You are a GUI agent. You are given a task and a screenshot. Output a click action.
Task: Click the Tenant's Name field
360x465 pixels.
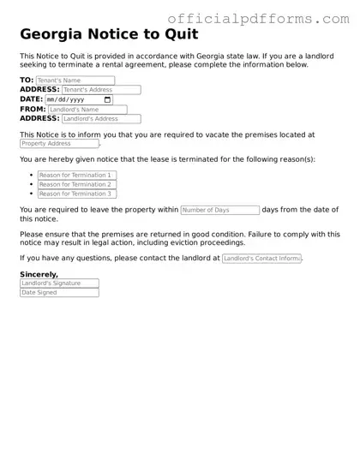pyautogui.click(x=75, y=80)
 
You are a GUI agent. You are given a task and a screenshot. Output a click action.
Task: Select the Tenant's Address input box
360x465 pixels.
pyautogui.click(x=101, y=90)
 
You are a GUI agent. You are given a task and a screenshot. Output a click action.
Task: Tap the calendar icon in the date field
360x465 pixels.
pyautogui.click(x=107, y=99)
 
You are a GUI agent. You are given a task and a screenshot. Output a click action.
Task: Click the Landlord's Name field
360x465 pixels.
pyautogui.click(x=87, y=110)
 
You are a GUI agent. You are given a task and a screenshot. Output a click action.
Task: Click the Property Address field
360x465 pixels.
pyautogui.click(x=59, y=144)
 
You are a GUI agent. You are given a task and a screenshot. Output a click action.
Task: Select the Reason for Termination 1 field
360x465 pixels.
pyautogui.click(x=76, y=175)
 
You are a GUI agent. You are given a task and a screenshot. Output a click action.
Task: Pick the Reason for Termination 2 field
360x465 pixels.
pyautogui.click(x=76, y=184)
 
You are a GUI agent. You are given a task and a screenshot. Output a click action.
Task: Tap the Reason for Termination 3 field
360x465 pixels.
pyautogui.click(x=76, y=194)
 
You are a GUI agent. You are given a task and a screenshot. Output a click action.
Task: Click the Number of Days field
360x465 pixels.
pyautogui.click(x=219, y=210)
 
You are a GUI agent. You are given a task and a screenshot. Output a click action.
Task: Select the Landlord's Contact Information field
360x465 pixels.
pyautogui.click(x=261, y=258)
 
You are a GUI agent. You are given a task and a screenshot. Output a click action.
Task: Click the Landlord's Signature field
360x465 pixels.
pyautogui.click(x=59, y=283)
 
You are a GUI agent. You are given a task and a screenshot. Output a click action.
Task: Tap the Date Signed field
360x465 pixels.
pyautogui.click(x=59, y=293)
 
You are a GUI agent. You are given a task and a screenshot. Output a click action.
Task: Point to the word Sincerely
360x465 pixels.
pyautogui.click(x=39, y=274)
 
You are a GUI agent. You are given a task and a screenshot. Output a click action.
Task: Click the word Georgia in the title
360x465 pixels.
pyautogui.click(x=52, y=35)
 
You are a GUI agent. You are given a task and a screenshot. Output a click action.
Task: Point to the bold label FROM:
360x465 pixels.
pyautogui.click(x=33, y=110)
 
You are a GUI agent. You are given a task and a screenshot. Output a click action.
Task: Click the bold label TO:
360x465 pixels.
pyautogui.click(x=27, y=80)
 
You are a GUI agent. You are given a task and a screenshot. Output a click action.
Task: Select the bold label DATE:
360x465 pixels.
pyautogui.click(x=31, y=99)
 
